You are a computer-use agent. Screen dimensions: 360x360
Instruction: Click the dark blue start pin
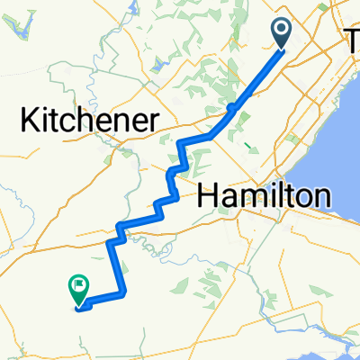[x=282, y=35]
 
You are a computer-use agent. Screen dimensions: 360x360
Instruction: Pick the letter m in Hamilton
[x=250, y=195]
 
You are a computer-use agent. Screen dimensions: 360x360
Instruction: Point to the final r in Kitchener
[x=155, y=122]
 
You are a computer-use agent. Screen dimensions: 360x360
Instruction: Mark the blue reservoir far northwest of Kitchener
[x=22, y=26]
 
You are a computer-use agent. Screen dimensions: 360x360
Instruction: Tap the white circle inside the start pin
[x=282, y=31]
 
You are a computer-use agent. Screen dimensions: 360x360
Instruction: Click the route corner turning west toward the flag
[x=122, y=292]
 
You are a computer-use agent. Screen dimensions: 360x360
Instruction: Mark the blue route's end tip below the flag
[x=80, y=309]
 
